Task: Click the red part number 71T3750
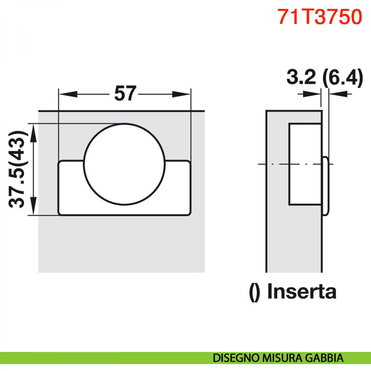tap(319, 17)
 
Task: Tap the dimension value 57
tap(125, 93)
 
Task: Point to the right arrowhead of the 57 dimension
tap(181, 94)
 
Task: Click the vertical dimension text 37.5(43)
tap(17, 169)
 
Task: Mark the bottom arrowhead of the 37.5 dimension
tap(33, 206)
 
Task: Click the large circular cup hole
tap(124, 164)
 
